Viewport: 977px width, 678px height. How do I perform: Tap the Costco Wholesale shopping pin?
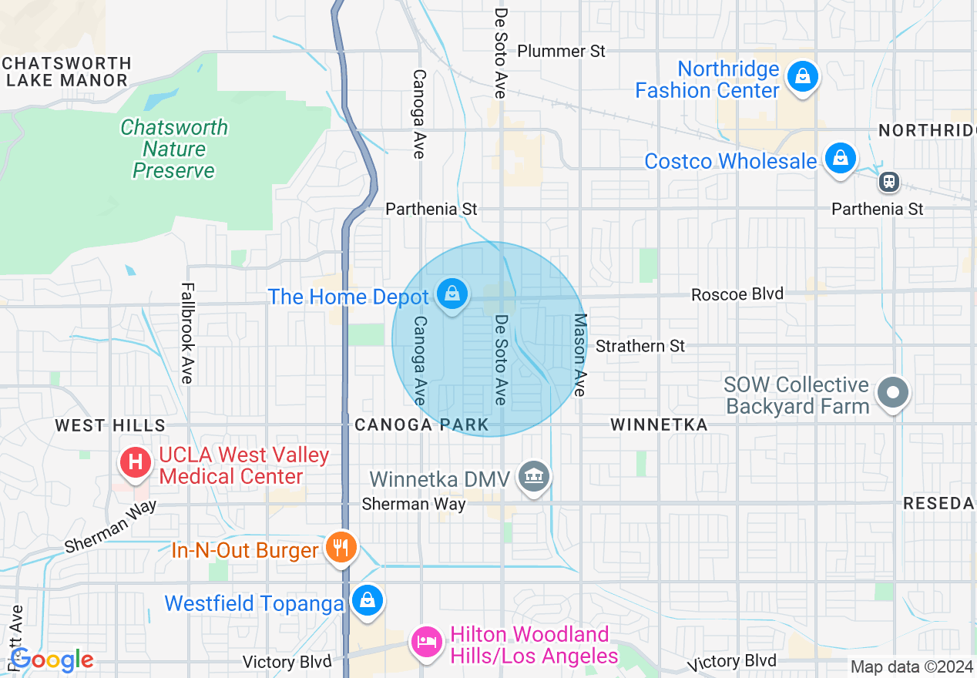click(840, 158)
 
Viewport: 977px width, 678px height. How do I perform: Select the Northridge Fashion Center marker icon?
click(803, 77)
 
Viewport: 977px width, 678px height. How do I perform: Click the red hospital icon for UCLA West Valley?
click(136, 462)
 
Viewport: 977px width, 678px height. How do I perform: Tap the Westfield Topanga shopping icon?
click(367, 600)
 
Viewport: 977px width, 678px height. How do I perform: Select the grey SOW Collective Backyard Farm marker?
click(893, 393)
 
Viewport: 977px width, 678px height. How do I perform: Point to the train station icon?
click(889, 182)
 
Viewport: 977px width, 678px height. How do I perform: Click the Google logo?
click(52, 660)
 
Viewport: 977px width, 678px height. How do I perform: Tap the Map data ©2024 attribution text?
click(912, 666)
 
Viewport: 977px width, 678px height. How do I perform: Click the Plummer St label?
click(561, 51)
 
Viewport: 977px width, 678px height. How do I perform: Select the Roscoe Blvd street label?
click(737, 294)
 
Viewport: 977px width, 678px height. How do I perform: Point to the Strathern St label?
click(640, 346)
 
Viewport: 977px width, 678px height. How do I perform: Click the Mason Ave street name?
click(580, 354)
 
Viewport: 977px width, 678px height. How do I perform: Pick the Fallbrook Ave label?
click(186, 333)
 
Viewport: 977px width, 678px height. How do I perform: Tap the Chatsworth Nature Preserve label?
click(174, 149)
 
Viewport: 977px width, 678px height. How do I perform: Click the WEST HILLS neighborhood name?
click(110, 425)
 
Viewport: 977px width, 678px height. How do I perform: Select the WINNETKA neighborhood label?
click(659, 425)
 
